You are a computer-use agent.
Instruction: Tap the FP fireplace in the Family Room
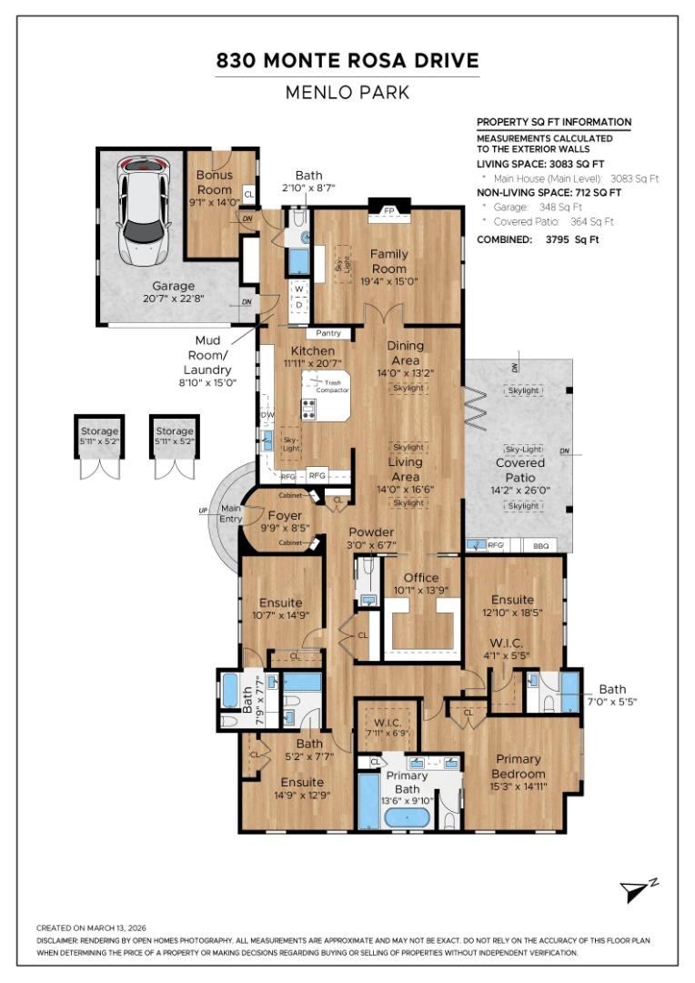pyautogui.click(x=389, y=211)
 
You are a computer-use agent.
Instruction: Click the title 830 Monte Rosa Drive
pyautogui.click(x=347, y=62)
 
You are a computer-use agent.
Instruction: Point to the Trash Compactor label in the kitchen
pyautogui.click(x=338, y=387)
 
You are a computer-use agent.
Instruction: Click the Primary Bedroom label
pyautogui.click(x=519, y=766)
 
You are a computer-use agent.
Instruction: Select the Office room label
pyautogui.click(x=420, y=578)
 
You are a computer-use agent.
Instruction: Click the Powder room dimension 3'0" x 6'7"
pyautogui.click(x=371, y=545)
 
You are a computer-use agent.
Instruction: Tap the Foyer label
pyautogui.click(x=284, y=515)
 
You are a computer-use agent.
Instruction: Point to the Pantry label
pyautogui.click(x=328, y=334)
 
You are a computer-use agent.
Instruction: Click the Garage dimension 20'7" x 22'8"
pyautogui.click(x=173, y=298)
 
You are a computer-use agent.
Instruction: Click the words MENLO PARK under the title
pyautogui.click(x=347, y=93)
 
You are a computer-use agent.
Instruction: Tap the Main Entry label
pyautogui.click(x=231, y=513)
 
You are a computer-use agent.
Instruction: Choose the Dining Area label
pyautogui.click(x=405, y=352)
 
